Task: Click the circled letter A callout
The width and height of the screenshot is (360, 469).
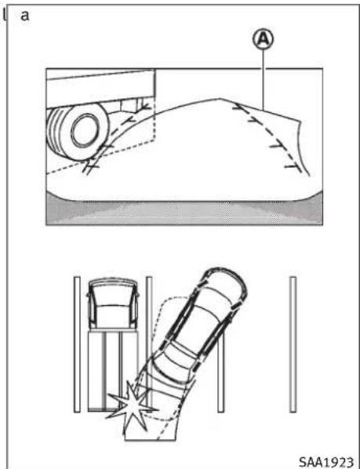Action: pos(264,37)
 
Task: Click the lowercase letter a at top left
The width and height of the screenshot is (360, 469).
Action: pos(25,16)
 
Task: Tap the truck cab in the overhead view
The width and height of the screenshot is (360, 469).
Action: pos(111,306)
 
